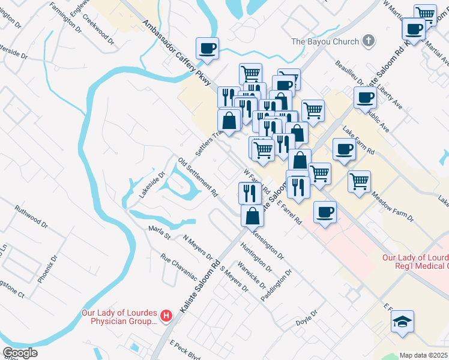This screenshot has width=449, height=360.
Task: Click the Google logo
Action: pyautogui.click(x=20, y=353)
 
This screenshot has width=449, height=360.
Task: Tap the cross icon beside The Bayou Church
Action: pyautogui.click(x=369, y=41)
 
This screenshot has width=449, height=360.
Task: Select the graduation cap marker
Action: pyautogui.click(x=403, y=322)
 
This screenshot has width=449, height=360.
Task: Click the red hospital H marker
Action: pyautogui.click(x=166, y=314)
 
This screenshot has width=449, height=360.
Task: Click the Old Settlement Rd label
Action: pyautogui.click(x=197, y=178)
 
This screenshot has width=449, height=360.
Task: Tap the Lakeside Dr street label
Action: pyautogui.click(x=152, y=185)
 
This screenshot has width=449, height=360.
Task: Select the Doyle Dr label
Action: pyautogui.click(x=306, y=318)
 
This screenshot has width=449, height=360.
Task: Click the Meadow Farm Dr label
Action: pyautogui.click(x=393, y=206)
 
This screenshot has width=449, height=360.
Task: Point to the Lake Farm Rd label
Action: pyautogui.click(x=358, y=140)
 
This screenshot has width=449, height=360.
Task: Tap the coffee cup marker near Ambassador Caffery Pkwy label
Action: pyautogui.click(x=207, y=49)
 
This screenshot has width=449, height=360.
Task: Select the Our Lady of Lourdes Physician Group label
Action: pyautogui.click(x=120, y=316)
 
